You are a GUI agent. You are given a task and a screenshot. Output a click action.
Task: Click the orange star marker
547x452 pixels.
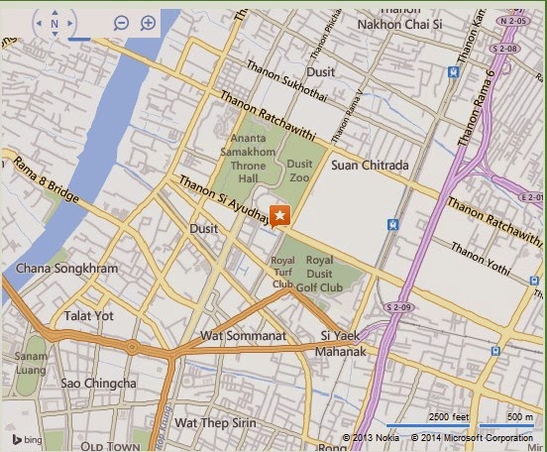coord(280,215)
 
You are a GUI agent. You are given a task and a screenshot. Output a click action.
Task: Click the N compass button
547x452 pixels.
coord(54,22)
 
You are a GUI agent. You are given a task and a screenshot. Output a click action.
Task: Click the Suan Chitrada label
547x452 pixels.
coord(369,165)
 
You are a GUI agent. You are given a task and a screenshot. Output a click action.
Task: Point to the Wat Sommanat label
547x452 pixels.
coord(243,336)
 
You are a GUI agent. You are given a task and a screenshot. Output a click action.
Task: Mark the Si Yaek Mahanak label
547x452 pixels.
coord(343,344)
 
